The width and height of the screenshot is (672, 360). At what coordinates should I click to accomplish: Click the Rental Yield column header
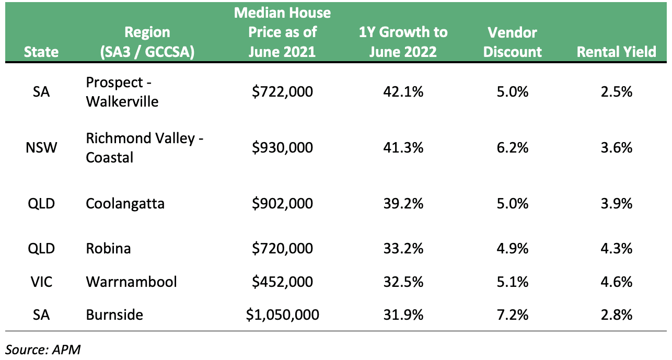[x=616, y=52]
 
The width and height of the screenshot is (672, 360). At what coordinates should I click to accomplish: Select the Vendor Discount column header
[x=513, y=42]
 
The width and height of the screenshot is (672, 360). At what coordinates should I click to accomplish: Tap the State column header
[x=41, y=52]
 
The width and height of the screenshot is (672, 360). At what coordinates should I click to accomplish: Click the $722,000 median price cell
[x=282, y=91]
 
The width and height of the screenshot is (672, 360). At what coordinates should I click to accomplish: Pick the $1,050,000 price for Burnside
[x=282, y=315]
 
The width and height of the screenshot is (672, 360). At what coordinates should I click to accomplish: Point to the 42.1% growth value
[x=403, y=91]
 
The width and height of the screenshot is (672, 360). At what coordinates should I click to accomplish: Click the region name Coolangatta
[x=125, y=204]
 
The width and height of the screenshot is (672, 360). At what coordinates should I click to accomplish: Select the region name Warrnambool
[x=131, y=282]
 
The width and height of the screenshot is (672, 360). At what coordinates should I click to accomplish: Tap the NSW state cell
[x=41, y=147]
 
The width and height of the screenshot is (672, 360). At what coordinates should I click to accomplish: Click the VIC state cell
[x=41, y=282]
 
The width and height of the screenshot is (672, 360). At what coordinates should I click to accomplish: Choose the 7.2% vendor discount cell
[x=513, y=315]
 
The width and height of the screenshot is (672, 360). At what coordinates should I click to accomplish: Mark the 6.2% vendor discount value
[x=513, y=147]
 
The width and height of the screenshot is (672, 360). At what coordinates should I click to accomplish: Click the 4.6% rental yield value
[x=616, y=282]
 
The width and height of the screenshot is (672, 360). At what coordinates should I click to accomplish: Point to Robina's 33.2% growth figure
[x=403, y=248]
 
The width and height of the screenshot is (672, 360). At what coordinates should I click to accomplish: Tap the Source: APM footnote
[x=43, y=350]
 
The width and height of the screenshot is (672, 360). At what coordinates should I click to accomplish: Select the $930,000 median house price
[x=282, y=147]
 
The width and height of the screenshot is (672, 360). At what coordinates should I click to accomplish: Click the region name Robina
[x=108, y=248]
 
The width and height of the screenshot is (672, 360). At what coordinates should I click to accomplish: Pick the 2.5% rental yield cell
[x=616, y=91]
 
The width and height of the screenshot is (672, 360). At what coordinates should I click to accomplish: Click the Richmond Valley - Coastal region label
[x=145, y=147]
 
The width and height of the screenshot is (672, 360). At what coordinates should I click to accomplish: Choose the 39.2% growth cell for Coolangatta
[x=403, y=204]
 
